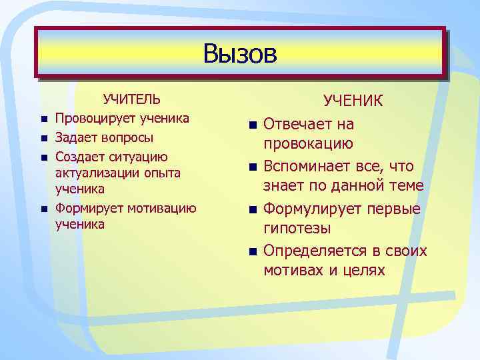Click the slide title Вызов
pyautogui.click(x=240, y=53)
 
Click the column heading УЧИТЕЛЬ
pyautogui.click(x=131, y=100)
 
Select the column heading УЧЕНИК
pyautogui.click(x=353, y=101)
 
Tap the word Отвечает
pyautogui.click(x=299, y=125)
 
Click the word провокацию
pyautogui.click(x=308, y=145)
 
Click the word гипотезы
pyautogui.click(x=297, y=229)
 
